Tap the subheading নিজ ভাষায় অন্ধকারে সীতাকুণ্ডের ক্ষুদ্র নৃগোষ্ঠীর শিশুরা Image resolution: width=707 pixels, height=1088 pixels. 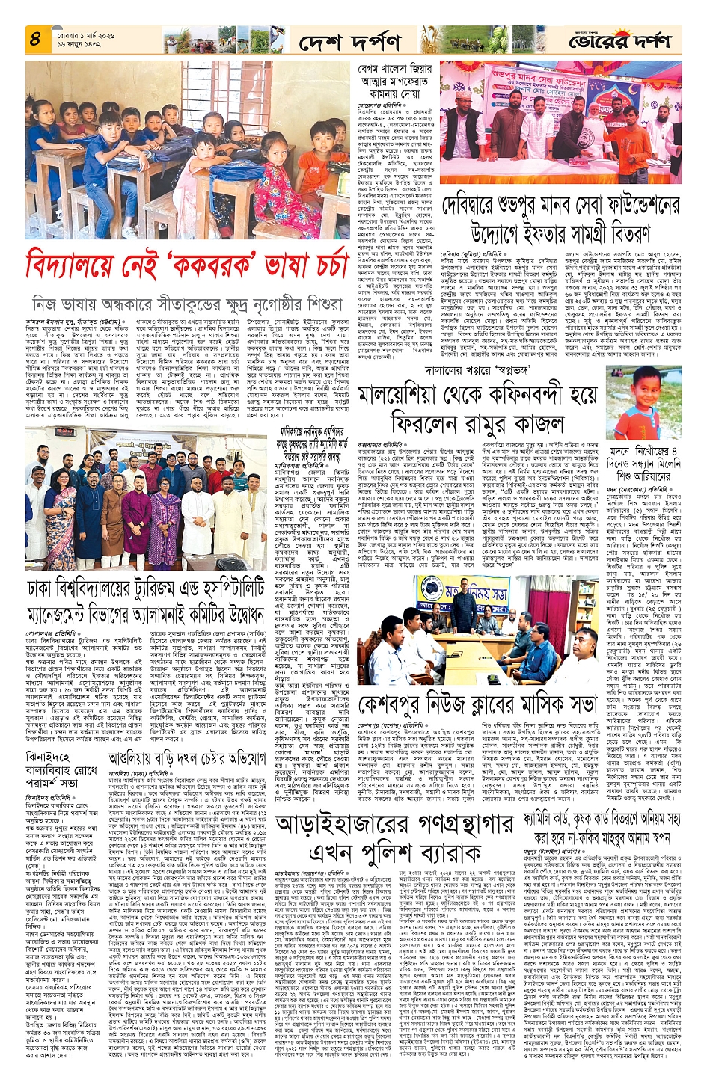point(187,303)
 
